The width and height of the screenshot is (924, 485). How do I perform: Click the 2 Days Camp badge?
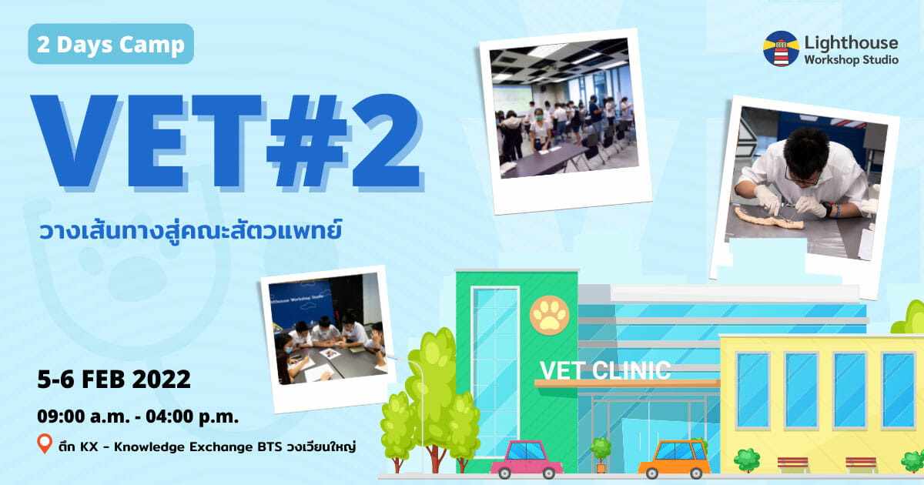(x=111, y=44)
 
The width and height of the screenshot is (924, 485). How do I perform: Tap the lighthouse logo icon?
(x=781, y=48)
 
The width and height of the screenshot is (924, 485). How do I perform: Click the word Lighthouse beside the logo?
(x=851, y=43)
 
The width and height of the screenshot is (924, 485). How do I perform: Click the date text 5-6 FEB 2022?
(x=114, y=380)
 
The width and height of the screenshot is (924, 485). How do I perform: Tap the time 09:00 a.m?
(x=83, y=416)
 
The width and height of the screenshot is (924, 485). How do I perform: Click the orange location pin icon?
(x=45, y=443)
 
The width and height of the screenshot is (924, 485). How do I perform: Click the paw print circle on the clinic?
(x=550, y=315)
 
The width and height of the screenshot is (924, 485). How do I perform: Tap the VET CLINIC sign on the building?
(x=605, y=370)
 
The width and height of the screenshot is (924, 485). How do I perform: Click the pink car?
(x=527, y=459)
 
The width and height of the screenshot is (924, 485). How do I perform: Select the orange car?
(x=675, y=459)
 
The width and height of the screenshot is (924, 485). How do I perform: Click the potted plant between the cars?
(x=601, y=454)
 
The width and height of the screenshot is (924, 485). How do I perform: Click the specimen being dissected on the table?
(x=769, y=218)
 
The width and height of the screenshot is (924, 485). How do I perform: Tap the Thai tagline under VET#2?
(x=190, y=232)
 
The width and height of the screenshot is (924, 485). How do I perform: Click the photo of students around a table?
(x=328, y=339)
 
